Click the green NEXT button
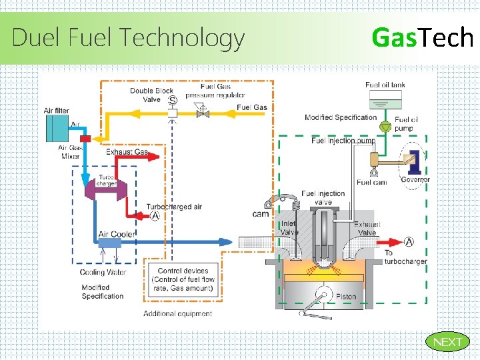tap(447, 342)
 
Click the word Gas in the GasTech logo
tap(393, 37)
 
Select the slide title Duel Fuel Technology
tap(128, 37)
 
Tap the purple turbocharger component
tap(107, 190)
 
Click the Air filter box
tap(57, 127)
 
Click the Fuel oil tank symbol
tap(386, 99)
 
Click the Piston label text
tap(346, 296)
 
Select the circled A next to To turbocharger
tap(409, 242)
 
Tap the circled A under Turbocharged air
tap(155, 215)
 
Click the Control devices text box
tap(183, 280)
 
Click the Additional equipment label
tap(177, 313)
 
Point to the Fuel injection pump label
tap(343, 141)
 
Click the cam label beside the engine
tap(260, 214)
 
